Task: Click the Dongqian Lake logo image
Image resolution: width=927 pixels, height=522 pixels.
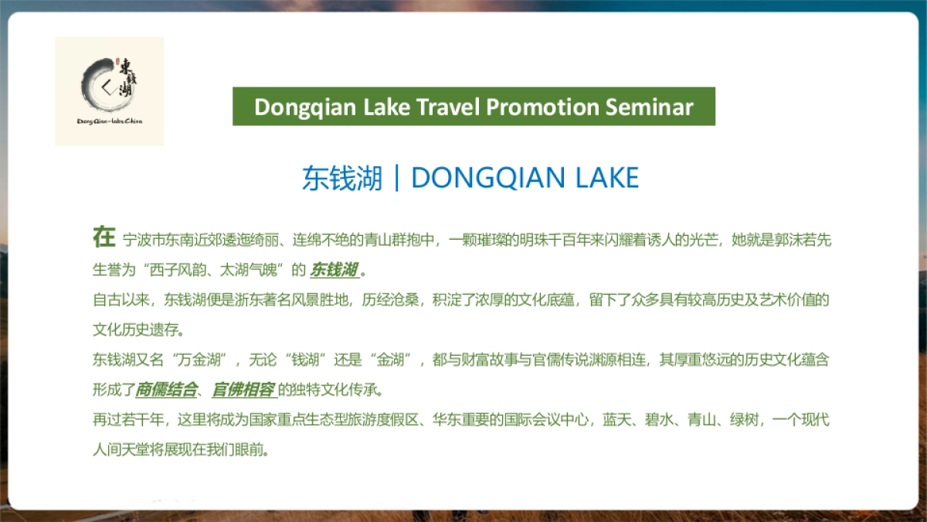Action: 109,91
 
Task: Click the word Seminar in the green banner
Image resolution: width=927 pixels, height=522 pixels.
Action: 648,107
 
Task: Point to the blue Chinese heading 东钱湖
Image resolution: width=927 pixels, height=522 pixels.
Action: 342,179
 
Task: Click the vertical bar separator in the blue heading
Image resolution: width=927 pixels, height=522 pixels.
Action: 397,179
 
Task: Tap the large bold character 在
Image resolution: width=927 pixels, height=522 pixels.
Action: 104,237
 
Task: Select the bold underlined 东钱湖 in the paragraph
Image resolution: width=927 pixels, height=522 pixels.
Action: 334,270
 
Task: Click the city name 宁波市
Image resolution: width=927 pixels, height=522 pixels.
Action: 144,241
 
